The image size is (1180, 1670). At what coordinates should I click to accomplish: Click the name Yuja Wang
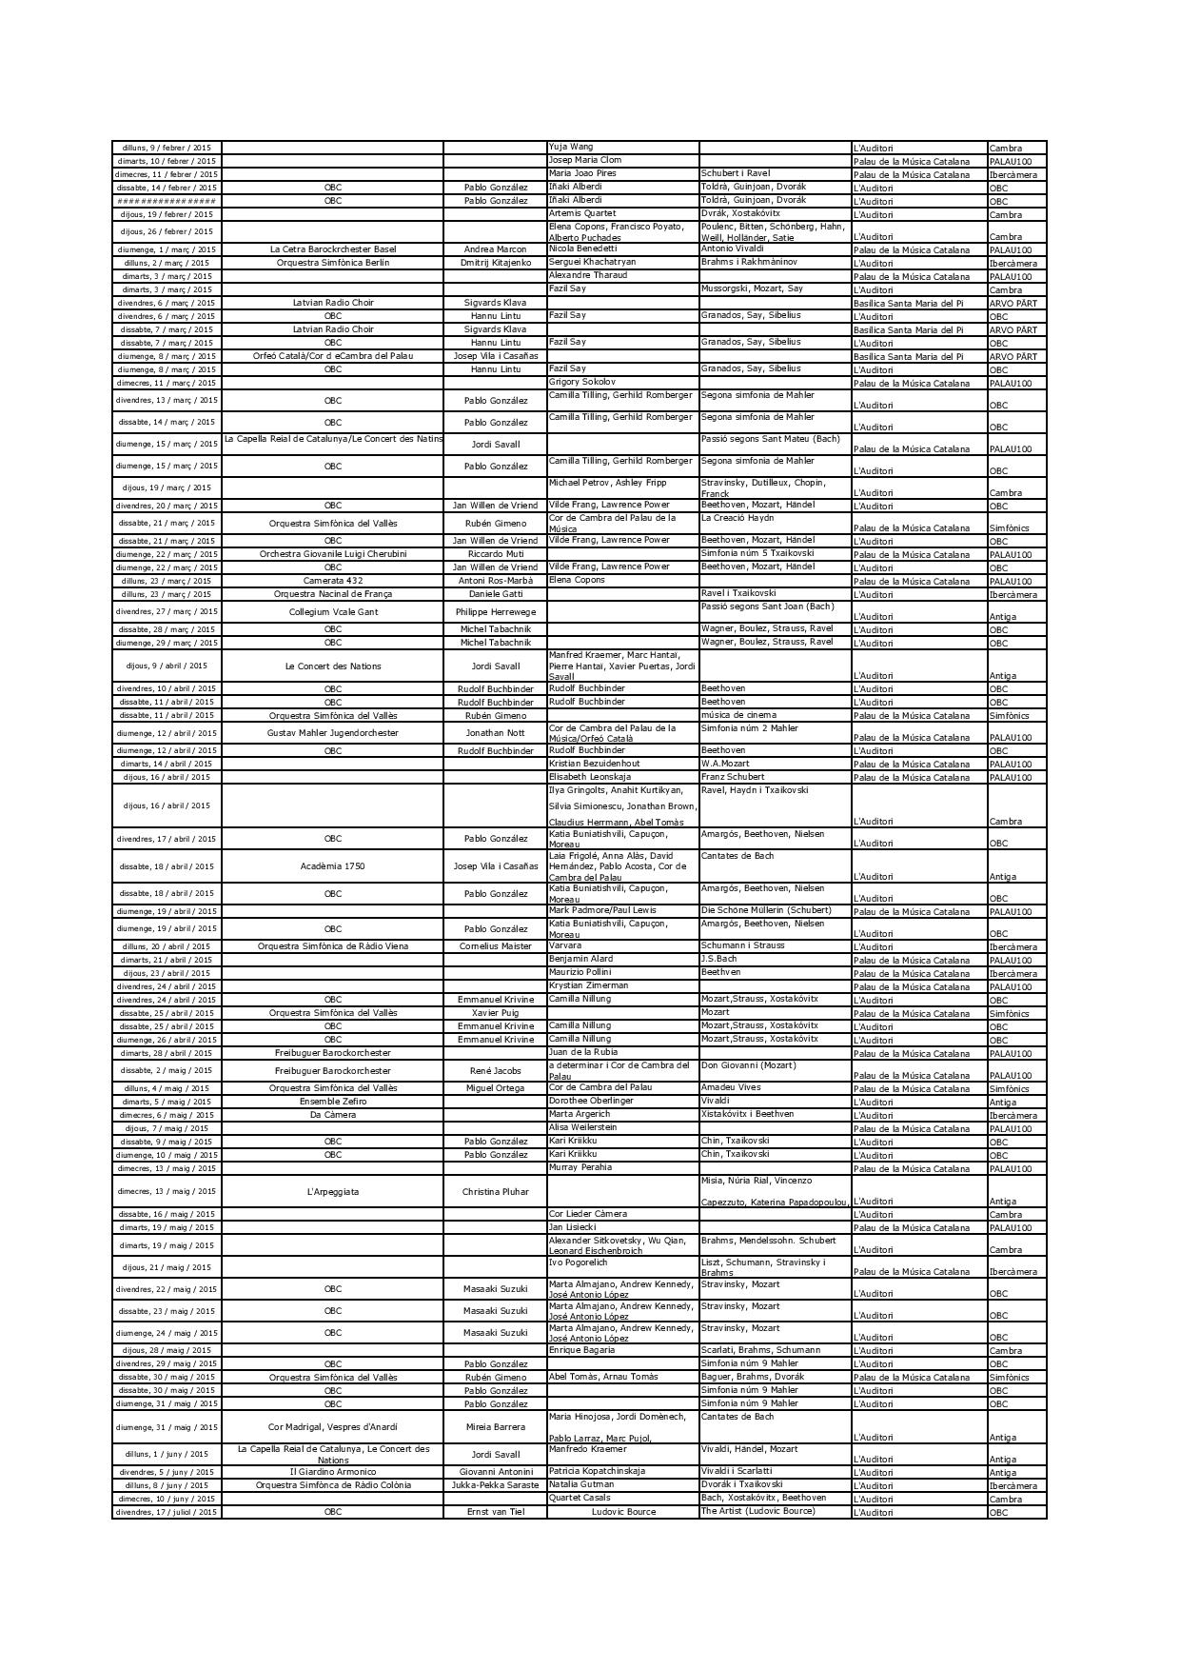pyautogui.click(x=571, y=148)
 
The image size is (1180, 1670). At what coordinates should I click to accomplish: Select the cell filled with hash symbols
pyautogui.click(x=167, y=201)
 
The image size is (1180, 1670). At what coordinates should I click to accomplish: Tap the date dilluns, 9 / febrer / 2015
pyautogui.click(x=167, y=148)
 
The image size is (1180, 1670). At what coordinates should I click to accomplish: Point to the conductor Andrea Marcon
pyautogui.click(x=495, y=249)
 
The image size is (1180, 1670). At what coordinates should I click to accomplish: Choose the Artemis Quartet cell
pyautogui.click(x=581, y=214)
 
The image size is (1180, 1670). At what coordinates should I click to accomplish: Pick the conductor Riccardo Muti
pyautogui.click(x=495, y=554)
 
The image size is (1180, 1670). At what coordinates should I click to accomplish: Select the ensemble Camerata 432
pyautogui.click(x=332, y=581)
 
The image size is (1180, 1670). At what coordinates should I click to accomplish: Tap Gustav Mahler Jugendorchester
pyautogui.click(x=332, y=733)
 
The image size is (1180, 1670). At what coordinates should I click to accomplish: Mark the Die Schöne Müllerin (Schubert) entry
pyautogui.click(x=766, y=910)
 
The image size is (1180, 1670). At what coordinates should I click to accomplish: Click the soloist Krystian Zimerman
pyautogui.click(x=588, y=985)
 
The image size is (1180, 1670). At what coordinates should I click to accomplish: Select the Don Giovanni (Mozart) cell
pyautogui.click(x=748, y=1065)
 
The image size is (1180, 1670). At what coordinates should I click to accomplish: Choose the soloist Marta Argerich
pyautogui.click(x=580, y=1114)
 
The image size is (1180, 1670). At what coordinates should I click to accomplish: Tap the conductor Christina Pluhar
pyautogui.click(x=495, y=1192)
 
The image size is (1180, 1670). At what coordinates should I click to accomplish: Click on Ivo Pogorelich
pyautogui.click(x=578, y=1262)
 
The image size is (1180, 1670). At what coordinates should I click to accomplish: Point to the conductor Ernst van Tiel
pyautogui.click(x=495, y=1512)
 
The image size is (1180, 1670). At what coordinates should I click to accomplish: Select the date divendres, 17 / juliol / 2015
pyautogui.click(x=167, y=1512)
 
